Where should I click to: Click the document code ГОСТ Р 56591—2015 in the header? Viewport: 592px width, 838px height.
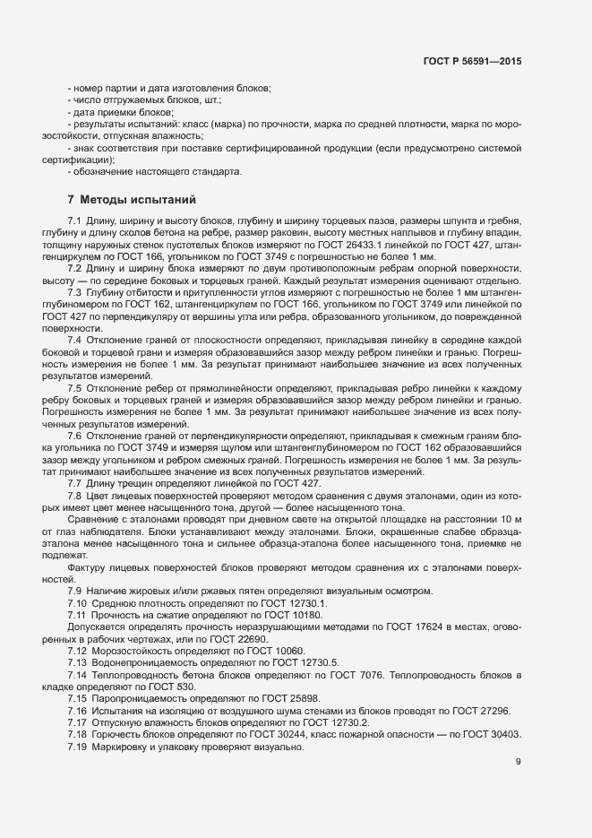pyautogui.click(x=472, y=61)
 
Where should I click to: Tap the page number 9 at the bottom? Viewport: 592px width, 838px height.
pyautogui.click(x=519, y=763)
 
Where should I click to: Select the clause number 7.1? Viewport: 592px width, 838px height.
pyautogui.click(x=74, y=220)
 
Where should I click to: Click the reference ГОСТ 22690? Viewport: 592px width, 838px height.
pyautogui.click(x=202, y=640)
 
